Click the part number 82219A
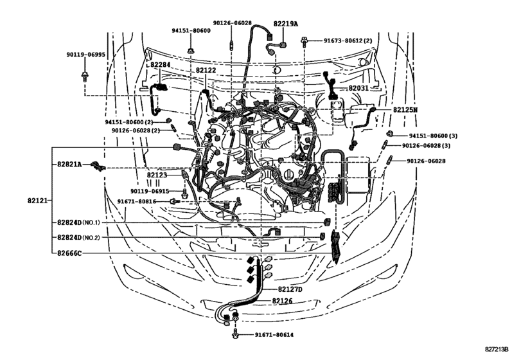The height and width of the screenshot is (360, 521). (x=286, y=23)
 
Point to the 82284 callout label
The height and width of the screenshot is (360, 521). (x=161, y=65)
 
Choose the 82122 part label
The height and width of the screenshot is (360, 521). (x=206, y=70)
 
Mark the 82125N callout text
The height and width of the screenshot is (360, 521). (x=405, y=110)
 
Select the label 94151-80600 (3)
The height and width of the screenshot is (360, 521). (x=435, y=136)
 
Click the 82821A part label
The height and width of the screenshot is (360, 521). (x=69, y=165)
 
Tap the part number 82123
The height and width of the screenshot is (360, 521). (x=157, y=174)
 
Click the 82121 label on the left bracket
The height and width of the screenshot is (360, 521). (x=38, y=201)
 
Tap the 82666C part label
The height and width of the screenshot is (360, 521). (x=69, y=253)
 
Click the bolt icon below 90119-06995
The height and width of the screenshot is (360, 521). (x=84, y=76)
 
